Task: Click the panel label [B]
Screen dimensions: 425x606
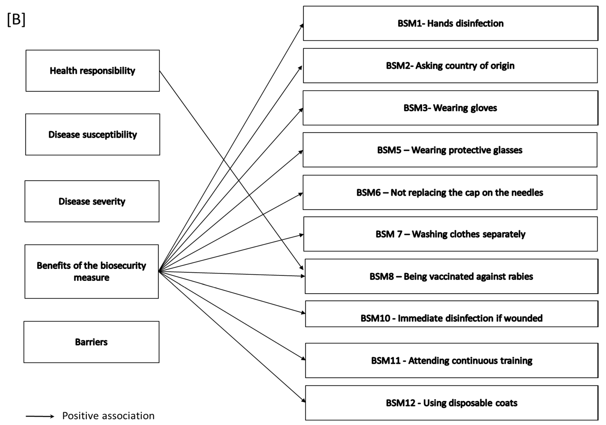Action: pos(16,20)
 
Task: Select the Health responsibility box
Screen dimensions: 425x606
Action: pos(92,71)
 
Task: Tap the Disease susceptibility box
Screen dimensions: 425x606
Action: pos(92,135)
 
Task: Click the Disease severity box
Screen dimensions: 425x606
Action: pos(92,201)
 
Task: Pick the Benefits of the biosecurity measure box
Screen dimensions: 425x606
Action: pos(91,271)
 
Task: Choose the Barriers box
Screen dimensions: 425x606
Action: pos(91,342)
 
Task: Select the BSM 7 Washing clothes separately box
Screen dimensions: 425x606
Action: pos(450,234)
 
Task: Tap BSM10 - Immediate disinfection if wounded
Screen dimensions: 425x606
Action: pos(451,318)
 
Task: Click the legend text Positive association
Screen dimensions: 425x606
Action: pos(108,416)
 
